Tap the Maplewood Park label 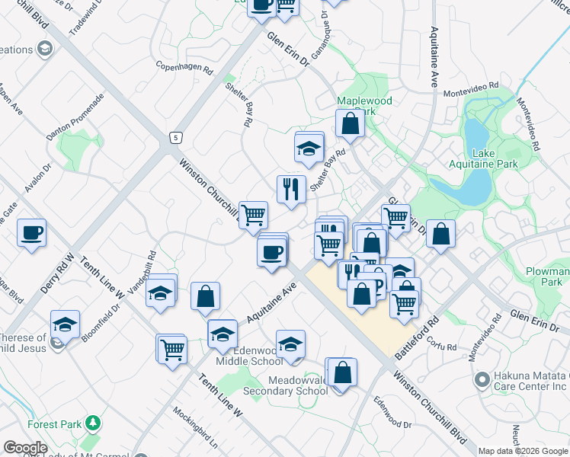click(x=365, y=106)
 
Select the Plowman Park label click(x=547, y=276)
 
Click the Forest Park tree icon click(x=93, y=422)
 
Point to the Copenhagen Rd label click(x=184, y=67)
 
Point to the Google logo click(x=25, y=448)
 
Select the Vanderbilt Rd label click(x=142, y=273)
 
